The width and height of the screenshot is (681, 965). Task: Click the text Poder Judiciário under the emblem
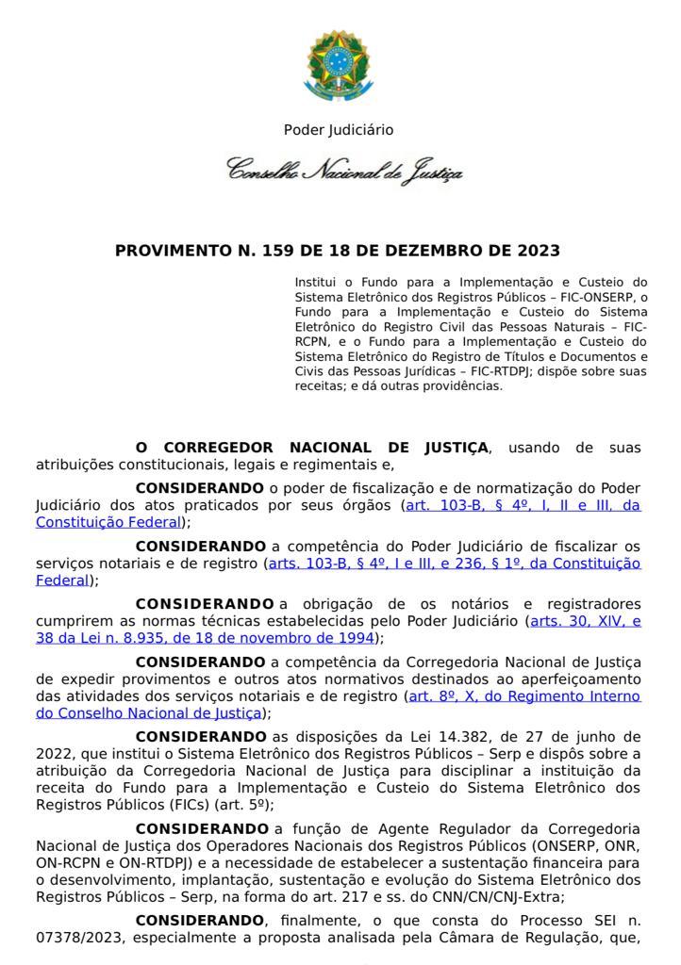coord(339,130)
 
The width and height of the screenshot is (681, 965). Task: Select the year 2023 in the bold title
coord(538,251)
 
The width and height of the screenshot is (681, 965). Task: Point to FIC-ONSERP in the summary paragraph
coord(590,296)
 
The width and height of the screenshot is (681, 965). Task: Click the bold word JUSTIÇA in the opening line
coord(446,447)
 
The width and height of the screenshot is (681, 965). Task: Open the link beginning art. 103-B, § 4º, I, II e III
coord(523,505)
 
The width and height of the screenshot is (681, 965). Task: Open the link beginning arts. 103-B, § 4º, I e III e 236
coord(454,564)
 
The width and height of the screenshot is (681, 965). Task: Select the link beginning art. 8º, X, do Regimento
coord(523,695)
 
